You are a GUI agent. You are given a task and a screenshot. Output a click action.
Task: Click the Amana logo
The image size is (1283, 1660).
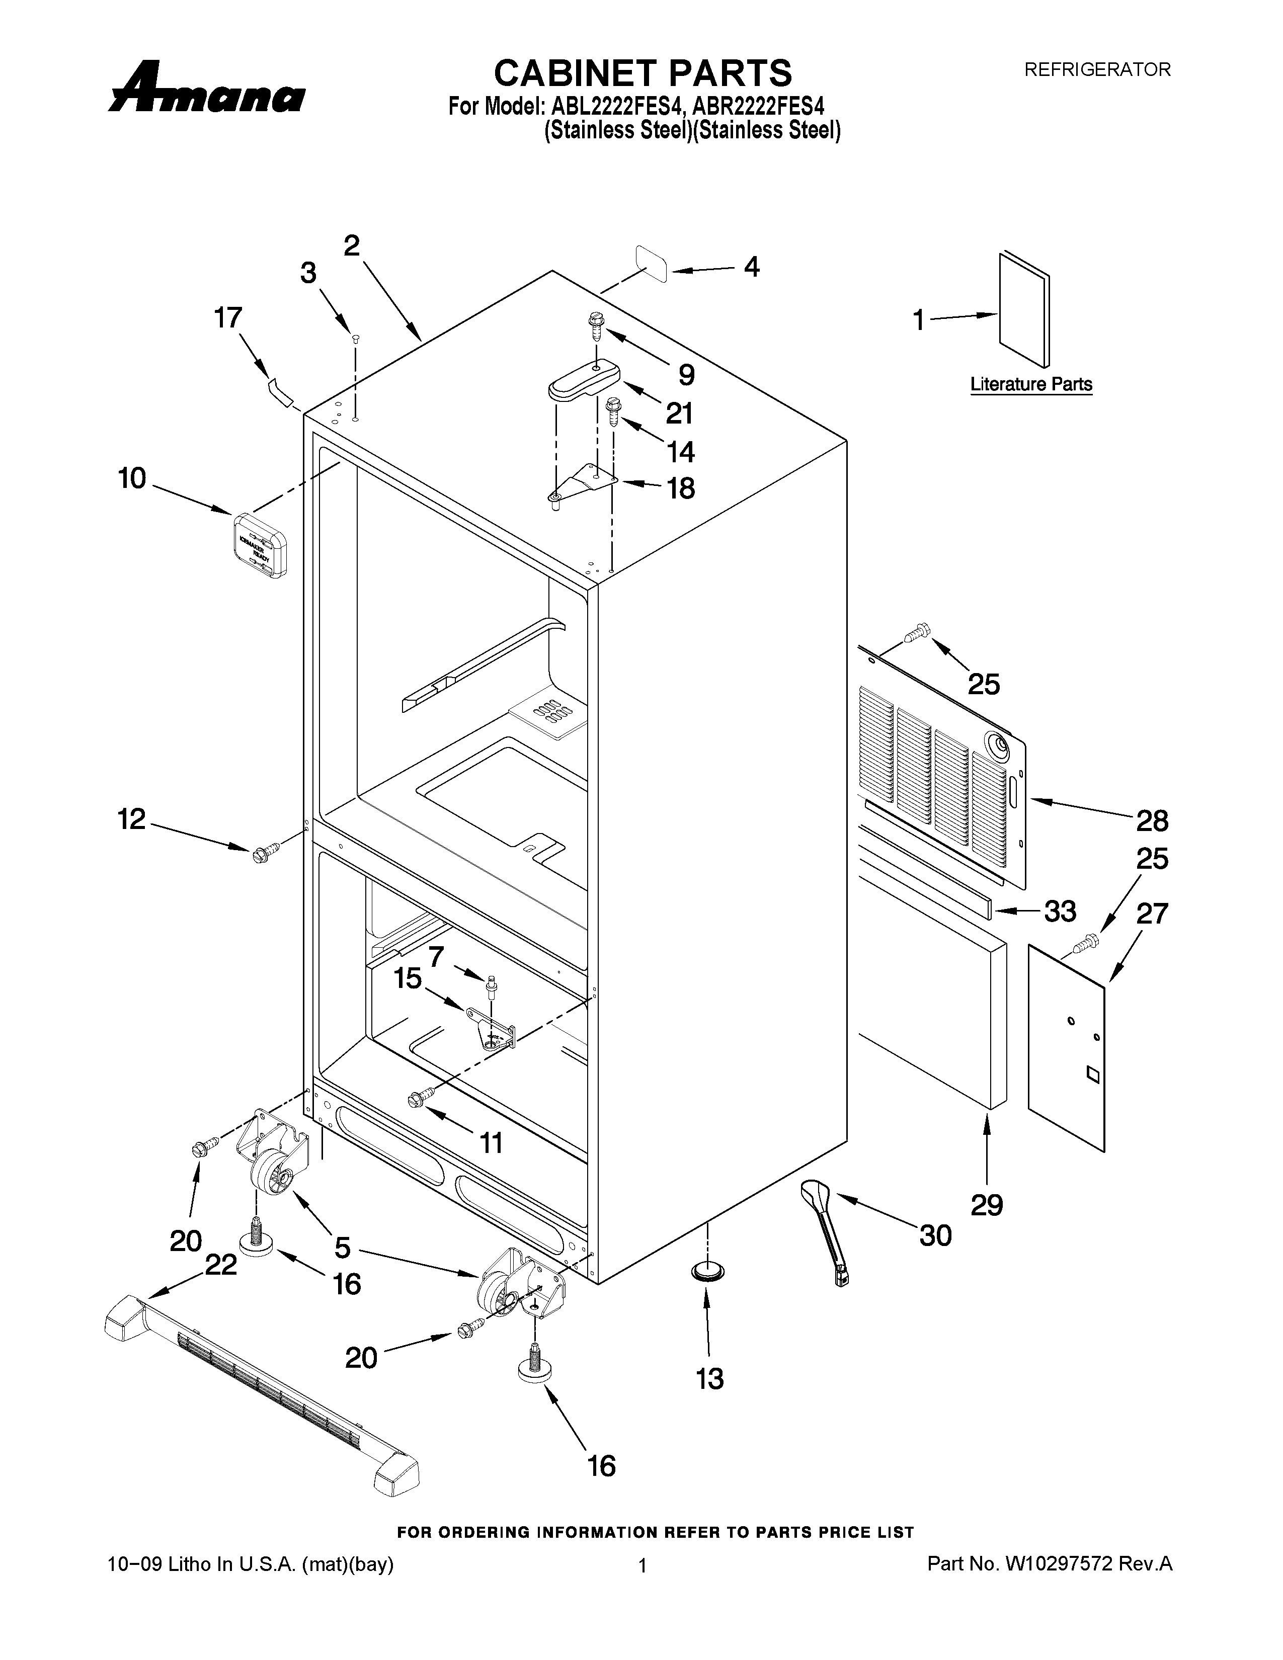tap(207, 89)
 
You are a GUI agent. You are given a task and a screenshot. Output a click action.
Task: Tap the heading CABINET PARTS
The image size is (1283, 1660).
tap(643, 74)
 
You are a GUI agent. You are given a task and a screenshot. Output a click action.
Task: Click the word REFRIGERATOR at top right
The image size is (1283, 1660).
tap(1097, 70)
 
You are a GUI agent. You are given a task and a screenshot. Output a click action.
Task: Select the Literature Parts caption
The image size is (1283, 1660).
tap(1030, 385)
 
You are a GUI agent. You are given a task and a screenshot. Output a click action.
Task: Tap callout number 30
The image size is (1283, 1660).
tap(935, 1235)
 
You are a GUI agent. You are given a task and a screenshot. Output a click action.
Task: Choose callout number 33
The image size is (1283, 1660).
tap(1060, 910)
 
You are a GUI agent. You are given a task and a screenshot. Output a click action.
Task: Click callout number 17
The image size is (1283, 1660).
tap(228, 318)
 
